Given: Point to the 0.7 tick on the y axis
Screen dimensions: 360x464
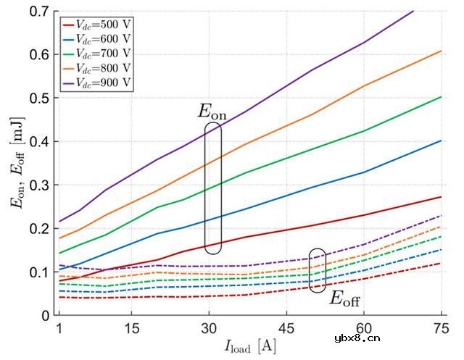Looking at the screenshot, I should click(x=42, y=11).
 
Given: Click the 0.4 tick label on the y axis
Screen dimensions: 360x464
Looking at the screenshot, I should click(x=42, y=141).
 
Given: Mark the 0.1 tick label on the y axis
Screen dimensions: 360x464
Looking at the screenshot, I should click(x=42, y=272).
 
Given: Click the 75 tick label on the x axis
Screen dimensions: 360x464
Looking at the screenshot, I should click(x=441, y=327).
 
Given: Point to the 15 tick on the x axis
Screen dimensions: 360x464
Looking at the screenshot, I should click(x=132, y=327).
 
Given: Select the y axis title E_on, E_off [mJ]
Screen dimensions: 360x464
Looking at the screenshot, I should click(x=17, y=163).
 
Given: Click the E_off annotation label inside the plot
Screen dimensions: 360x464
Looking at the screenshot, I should click(x=345, y=298).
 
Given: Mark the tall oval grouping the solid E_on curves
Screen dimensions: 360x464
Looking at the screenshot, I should click(x=212, y=188).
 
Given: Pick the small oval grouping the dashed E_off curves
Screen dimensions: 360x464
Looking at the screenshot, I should click(x=317, y=270).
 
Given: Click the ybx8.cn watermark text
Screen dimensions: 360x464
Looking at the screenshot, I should click(x=430, y=338).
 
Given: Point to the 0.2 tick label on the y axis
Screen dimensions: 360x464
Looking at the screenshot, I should click(x=42, y=229).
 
